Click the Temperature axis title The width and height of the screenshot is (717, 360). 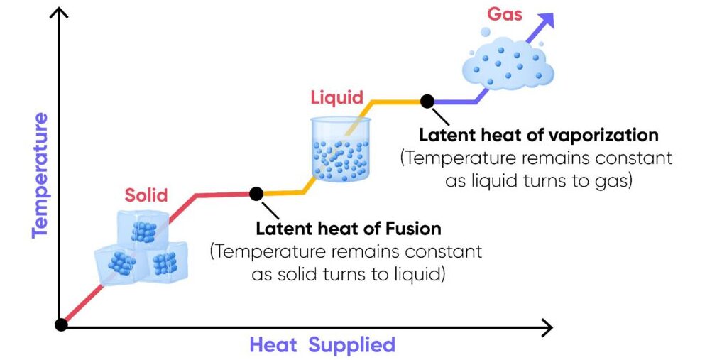click(40, 174)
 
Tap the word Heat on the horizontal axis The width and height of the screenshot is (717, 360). click(268, 345)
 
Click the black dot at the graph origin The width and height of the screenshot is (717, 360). click(62, 324)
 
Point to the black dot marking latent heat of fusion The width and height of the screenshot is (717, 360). click(256, 193)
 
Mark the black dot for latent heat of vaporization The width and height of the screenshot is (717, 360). click(427, 102)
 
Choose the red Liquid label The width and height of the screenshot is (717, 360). click(336, 97)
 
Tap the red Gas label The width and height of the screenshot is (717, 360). click(505, 14)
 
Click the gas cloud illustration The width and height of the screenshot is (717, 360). click(506, 60)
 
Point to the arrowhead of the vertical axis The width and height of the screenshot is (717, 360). click(62, 13)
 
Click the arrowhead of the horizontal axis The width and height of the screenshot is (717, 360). click(546, 327)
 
